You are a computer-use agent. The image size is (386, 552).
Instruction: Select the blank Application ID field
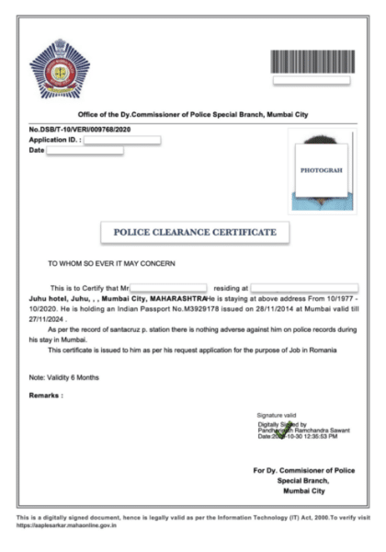(122, 140)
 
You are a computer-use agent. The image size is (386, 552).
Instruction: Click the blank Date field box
(85, 150)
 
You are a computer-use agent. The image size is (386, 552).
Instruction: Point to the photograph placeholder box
(321, 170)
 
